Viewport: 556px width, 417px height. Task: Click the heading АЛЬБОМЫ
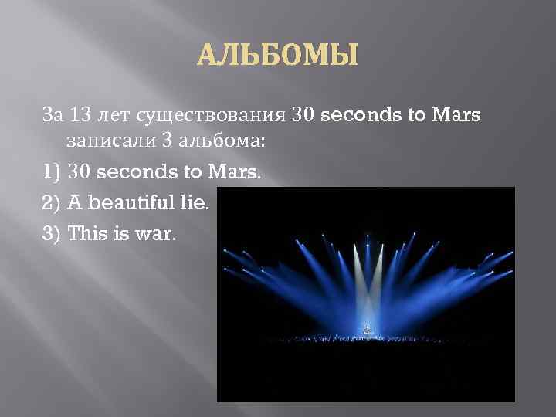278,56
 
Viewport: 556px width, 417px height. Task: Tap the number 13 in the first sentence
80,115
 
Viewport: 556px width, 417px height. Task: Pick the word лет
113,115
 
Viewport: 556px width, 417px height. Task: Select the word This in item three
90,233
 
